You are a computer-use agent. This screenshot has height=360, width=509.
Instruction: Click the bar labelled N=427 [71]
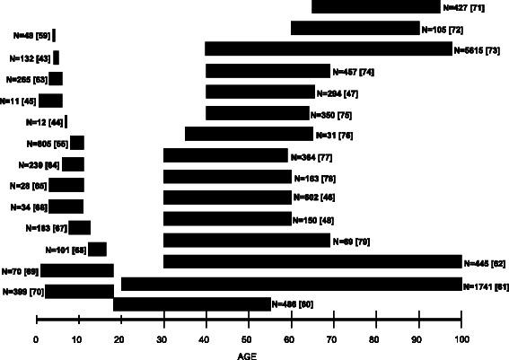click(x=376, y=7)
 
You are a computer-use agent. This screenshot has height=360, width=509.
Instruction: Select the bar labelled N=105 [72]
click(x=355, y=28)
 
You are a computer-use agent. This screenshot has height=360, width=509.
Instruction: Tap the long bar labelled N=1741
click(x=291, y=284)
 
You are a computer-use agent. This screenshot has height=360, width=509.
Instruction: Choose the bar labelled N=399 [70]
click(x=79, y=291)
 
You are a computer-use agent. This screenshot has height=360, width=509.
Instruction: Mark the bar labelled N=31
click(x=249, y=134)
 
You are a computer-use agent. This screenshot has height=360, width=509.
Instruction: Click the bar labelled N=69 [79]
click(x=247, y=240)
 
